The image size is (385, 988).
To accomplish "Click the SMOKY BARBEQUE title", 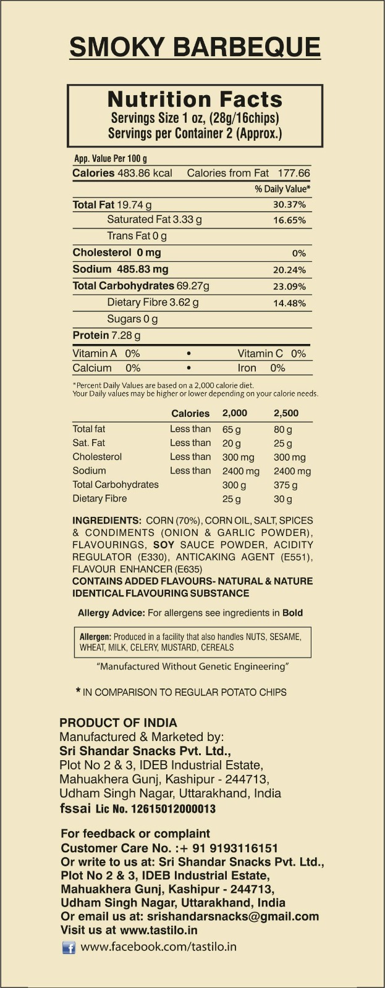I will [x=195, y=47].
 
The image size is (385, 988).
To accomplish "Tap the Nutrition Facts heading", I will [x=195, y=99].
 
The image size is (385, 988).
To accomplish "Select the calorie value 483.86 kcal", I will [x=145, y=174].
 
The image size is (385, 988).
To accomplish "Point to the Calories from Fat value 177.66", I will [x=294, y=174].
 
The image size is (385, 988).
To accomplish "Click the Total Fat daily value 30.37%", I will [x=289, y=204].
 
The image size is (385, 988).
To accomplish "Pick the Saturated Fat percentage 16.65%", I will [x=289, y=220].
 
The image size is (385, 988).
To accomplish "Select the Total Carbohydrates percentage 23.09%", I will [x=289, y=287].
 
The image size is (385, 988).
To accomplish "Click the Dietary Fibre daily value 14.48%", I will [x=289, y=303].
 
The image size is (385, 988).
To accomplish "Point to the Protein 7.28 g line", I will [x=106, y=335].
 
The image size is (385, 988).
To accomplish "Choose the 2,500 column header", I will [x=286, y=413].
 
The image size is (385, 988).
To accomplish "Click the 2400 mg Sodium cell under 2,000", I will [x=240, y=471].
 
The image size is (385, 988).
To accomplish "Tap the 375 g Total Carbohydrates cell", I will [x=285, y=485].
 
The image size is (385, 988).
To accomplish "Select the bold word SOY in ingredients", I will [x=164, y=545].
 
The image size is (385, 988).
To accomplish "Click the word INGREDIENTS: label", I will [x=107, y=521].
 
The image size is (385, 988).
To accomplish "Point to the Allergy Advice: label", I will [x=111, y=613].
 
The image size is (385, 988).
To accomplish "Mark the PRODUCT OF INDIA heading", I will [x=118, y=722].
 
